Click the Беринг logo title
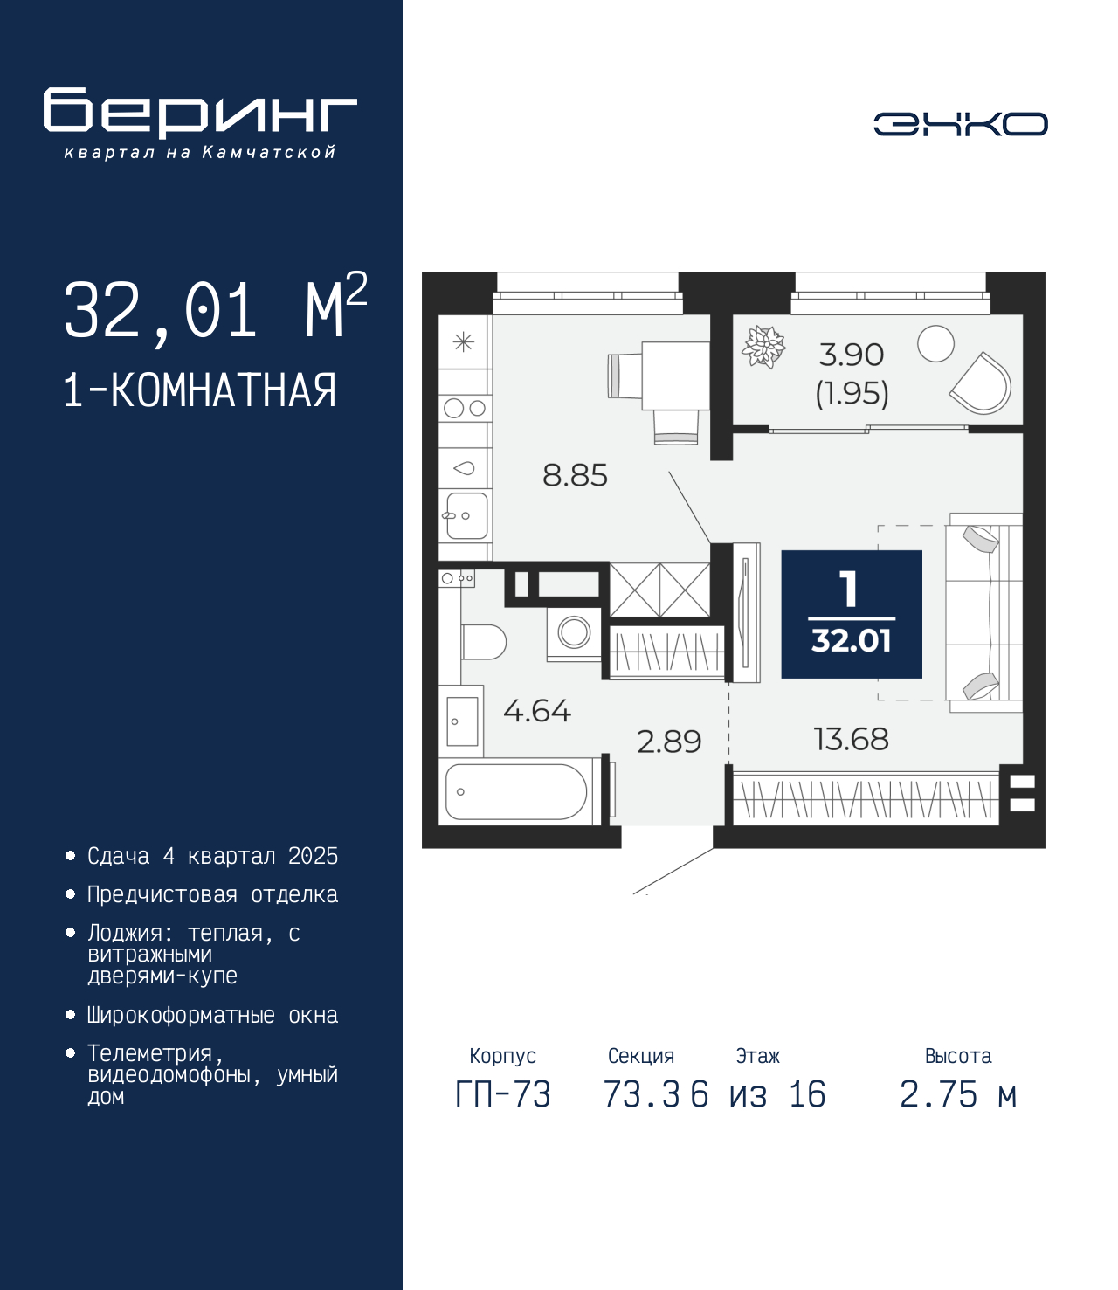pos(200,113)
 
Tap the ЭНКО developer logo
pos(960,123)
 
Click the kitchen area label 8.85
pos(575,475)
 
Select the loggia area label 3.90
pos(852,355)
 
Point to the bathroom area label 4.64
pos(537,711)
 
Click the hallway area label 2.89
pos(669,742)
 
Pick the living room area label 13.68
pos(851,739)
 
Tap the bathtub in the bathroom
pos(516,791)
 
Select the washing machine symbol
pos(575,633)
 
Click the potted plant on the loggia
pos(763,347)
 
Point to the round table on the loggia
pos(935,344)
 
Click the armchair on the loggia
pos(981,383)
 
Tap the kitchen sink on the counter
pos(466,515)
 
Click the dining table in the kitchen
pos(676,376)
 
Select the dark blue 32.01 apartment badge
pos(852,614)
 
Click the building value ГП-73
pos(502,1094)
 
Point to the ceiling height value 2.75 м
pos(958,1094)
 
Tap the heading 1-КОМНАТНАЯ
pos(200,390)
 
